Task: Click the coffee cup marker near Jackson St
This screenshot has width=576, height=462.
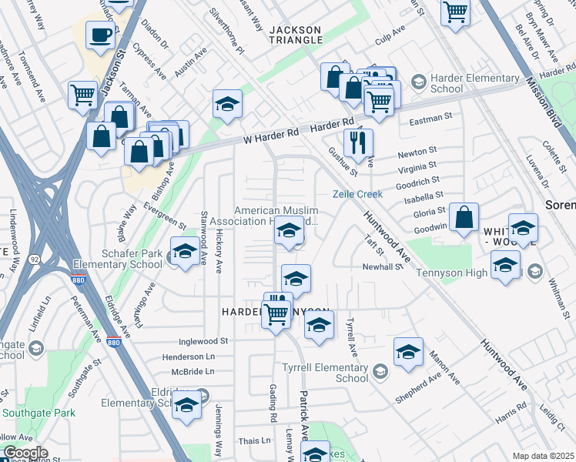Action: [x=100, y=34]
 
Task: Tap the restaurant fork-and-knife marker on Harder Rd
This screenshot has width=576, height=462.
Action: [x=357, y=142]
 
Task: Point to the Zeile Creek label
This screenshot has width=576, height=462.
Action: [x=357, y=194]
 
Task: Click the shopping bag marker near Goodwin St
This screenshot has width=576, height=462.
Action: [x=464, y=219]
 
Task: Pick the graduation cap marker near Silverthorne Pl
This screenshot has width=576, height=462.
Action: [x=227, y=105]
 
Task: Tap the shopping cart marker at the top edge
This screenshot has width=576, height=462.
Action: [x=456, y=12]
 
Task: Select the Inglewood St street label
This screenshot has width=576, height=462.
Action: [x=203, y=340]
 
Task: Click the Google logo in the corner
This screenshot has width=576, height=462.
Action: [x=25, y=453]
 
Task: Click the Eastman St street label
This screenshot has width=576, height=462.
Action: [x=430, y=119]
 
